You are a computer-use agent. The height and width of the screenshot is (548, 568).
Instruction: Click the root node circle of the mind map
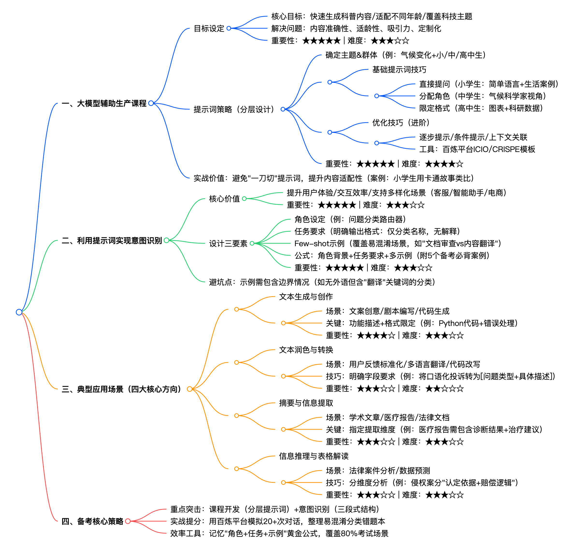pyautogui.click(x=19, y=312)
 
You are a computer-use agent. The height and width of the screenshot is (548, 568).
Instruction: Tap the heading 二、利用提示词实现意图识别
pyautogui.click(x=112, y=240)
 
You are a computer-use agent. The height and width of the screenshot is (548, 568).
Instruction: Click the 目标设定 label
pyautogui.click(x=209, y=29)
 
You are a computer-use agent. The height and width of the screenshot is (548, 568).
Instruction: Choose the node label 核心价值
pyautogui.click(x=224, y=199)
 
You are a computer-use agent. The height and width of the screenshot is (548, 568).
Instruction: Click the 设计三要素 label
pyautogui.click(x=228, y=243)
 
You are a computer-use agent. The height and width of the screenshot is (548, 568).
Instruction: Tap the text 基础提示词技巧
pyautogui.click(x=399, y=70)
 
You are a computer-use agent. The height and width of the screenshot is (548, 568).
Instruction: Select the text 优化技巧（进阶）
pyautogui.click(x=401, y=123)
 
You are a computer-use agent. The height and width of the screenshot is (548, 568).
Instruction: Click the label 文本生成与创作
pyautogui.click(x=306, y=296)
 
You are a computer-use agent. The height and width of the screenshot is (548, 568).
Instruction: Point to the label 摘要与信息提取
pyautogui.click(x=306, y=403)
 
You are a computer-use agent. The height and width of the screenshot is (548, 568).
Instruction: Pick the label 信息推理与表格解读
pyautogui.click(x=314, y=456)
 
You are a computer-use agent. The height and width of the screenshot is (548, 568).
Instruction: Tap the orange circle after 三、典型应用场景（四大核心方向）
pyautogui.click(x=189, y=389)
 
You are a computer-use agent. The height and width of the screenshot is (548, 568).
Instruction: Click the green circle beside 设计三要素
pyautogui.click(x=252, y=243)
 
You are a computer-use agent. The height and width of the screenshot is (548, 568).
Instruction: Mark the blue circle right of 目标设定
pyautogui.click(x=229, y=29)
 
